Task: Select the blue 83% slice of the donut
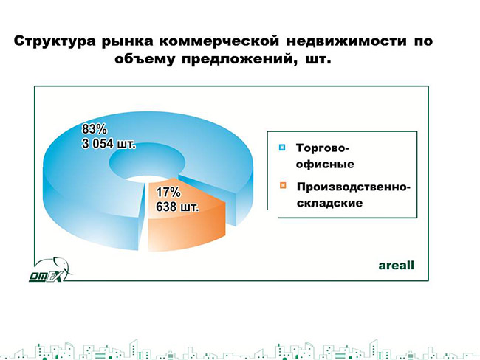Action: (77, 184)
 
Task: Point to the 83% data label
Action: (95, 129)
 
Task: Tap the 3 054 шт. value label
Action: (109, 143)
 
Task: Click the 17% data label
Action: (168, 193)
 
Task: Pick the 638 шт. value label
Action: (177, 207)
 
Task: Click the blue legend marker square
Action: (282, 148)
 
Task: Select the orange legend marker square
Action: (283, 186)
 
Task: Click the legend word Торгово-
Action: (323, 148)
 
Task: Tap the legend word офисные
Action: (325, 165)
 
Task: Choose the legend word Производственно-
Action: (353, 187)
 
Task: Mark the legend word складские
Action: (329, 203)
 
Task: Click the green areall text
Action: (396, 265)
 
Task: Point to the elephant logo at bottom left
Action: (50, 270)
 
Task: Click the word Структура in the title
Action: (55, 41)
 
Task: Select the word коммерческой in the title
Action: (219, 41)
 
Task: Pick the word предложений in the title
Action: (240, 59)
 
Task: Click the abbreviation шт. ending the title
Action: (318, 59)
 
